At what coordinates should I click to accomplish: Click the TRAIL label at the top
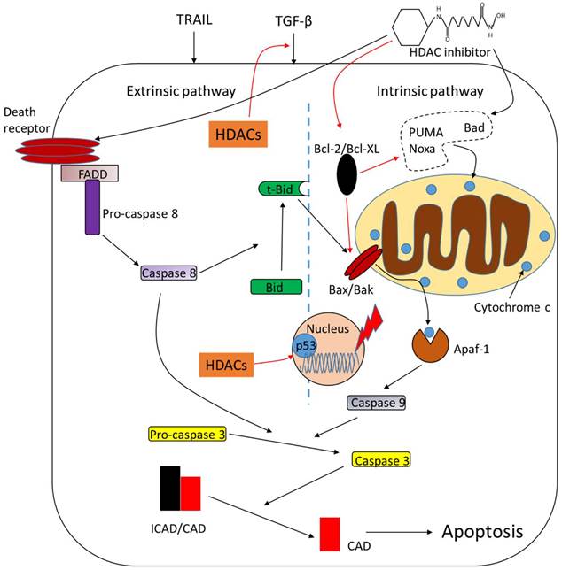[x=193, y=18]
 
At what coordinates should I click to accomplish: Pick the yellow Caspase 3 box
[x=381, y=461]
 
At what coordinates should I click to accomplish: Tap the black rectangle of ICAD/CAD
[x=169, y=489]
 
